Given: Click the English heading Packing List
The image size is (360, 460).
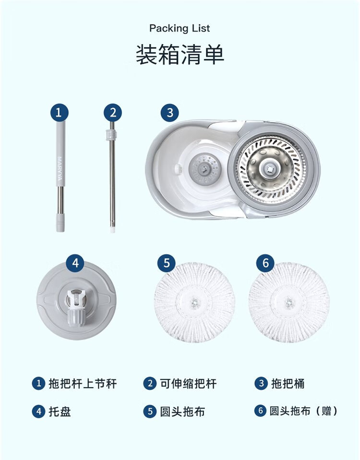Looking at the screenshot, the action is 180,28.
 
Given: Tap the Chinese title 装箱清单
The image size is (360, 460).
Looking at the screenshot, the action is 180,55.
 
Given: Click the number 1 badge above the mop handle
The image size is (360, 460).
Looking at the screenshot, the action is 59,113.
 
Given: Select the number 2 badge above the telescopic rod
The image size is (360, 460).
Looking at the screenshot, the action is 113,113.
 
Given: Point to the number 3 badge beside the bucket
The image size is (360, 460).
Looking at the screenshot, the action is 170,113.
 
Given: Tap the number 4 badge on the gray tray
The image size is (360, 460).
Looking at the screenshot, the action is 75,263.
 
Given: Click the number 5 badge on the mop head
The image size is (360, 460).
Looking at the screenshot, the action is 167,263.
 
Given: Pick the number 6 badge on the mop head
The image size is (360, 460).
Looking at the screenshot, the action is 265,263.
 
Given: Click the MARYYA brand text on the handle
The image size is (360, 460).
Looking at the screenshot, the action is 60,169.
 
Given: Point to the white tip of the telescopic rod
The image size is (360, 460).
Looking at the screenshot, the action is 112,229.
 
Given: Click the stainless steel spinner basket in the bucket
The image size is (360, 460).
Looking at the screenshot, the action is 271,169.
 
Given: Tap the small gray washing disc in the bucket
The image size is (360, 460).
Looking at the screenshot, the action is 204,169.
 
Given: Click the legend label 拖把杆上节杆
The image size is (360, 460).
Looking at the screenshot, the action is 83,384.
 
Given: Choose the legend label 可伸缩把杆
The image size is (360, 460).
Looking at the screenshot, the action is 188,384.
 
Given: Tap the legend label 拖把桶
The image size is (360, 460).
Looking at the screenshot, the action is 288,384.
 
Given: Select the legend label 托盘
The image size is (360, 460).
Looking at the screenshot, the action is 60,412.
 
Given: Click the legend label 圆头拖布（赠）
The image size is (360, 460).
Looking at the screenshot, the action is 304,411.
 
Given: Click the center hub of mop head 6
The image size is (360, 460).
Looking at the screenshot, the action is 289,302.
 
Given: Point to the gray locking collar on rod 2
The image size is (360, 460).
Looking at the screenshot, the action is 111,135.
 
